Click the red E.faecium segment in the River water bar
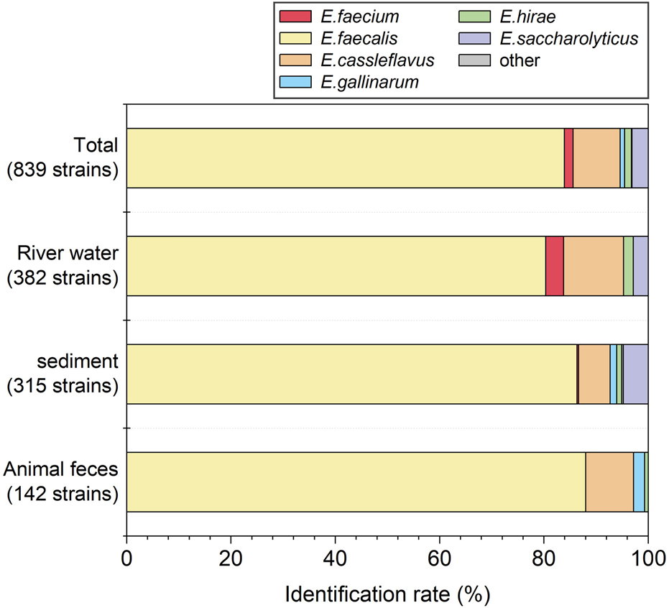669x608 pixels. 554,266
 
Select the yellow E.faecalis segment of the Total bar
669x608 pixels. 345,158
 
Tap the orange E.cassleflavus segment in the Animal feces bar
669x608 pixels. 609,482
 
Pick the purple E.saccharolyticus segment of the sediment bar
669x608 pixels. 635,374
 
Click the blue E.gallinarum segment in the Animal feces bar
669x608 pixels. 639,482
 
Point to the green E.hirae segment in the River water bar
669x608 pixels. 628,266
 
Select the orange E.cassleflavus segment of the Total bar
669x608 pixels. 596,158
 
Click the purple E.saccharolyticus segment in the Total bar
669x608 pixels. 640,158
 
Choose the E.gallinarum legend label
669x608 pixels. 369,81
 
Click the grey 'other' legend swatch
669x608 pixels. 474,60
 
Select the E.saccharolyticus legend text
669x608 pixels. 568,37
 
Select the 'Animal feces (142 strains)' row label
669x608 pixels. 61,482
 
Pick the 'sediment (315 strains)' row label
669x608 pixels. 63,374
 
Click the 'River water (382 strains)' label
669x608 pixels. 62,266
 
